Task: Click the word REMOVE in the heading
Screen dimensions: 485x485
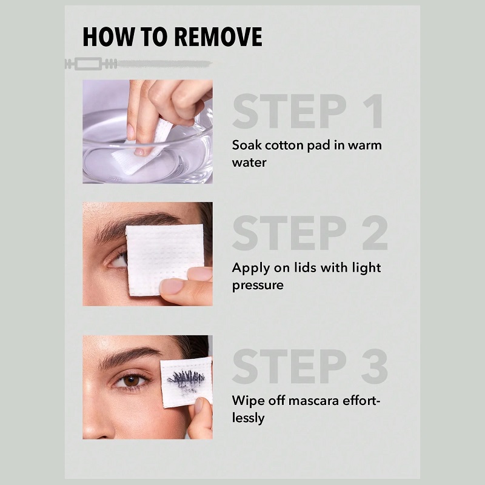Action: [218, 37]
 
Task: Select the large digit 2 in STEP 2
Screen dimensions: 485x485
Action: [375, 233]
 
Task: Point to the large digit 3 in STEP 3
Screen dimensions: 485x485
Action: [375, 366]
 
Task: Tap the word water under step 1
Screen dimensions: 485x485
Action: [249, 162]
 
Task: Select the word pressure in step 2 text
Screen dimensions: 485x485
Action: [258, 286]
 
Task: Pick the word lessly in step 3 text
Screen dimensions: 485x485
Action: [248, 418]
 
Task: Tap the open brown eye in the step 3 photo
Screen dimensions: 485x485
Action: [131, 380]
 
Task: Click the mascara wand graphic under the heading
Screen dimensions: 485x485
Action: [138, 64]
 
